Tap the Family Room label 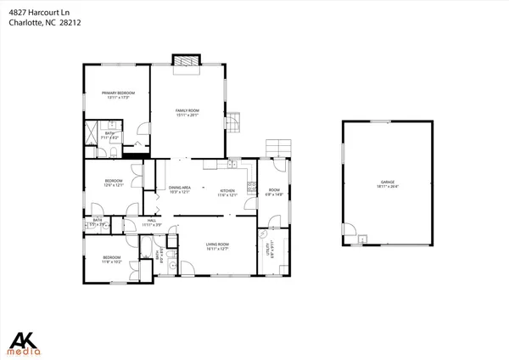click(x=187, y=112)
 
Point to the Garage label click(x=388, y=184)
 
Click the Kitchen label click(x=227, y=192)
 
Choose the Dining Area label click(x=179, y=189)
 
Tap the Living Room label click(x=217, y=246)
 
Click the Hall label click(x=152, y=222)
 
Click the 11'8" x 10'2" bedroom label click(x=112, y=260)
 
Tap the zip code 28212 click(x=69, y=23)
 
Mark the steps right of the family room click(x=235, y=124)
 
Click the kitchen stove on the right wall click(x=252, y=185)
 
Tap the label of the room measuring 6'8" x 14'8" click(x=274, y=192)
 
